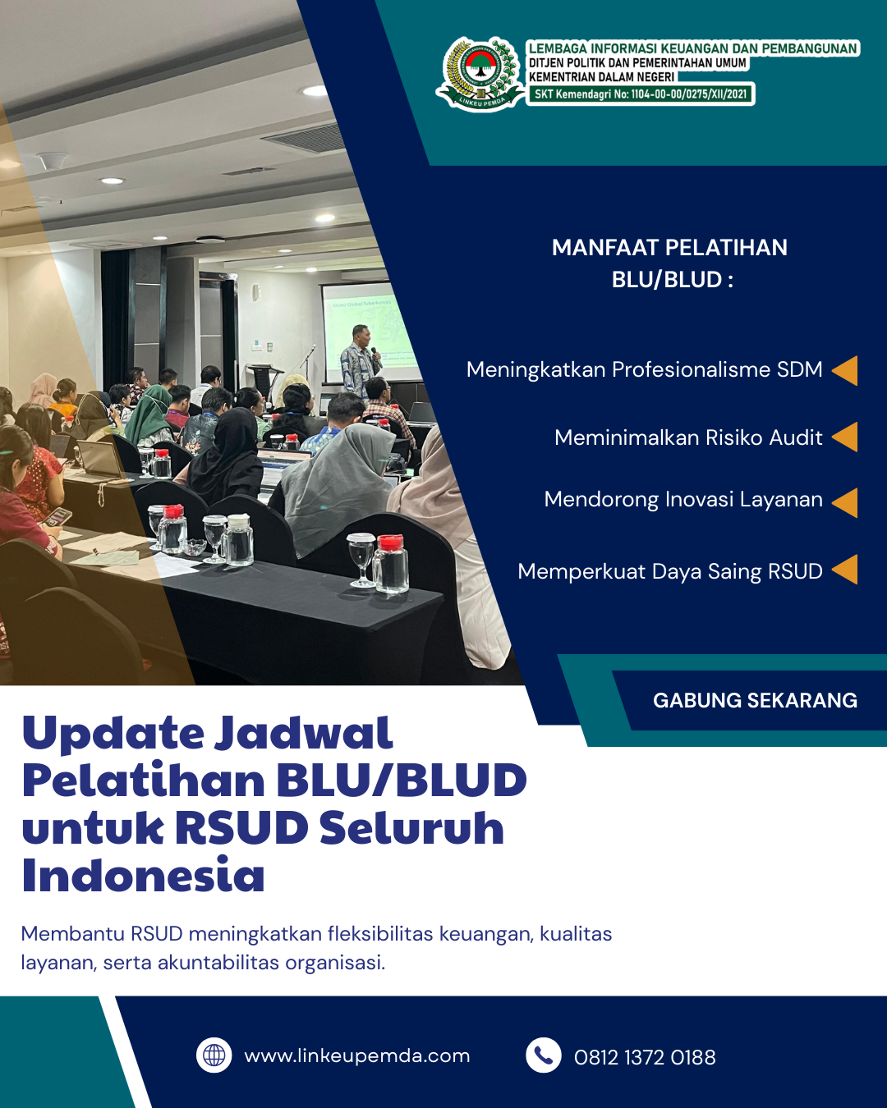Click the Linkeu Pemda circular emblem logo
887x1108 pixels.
480,74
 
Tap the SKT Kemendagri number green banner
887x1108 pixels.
640,94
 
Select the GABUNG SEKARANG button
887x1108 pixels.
755,700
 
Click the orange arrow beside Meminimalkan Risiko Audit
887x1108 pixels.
845,437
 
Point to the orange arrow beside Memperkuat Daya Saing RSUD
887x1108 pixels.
845,570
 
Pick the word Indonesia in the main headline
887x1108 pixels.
143,876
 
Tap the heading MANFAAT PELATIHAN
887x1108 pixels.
669,248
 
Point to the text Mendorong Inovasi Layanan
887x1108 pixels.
683,500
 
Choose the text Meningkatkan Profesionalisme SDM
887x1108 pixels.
644,369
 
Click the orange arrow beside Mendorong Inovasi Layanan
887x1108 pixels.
845,502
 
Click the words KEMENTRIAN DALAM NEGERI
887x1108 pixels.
602,77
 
